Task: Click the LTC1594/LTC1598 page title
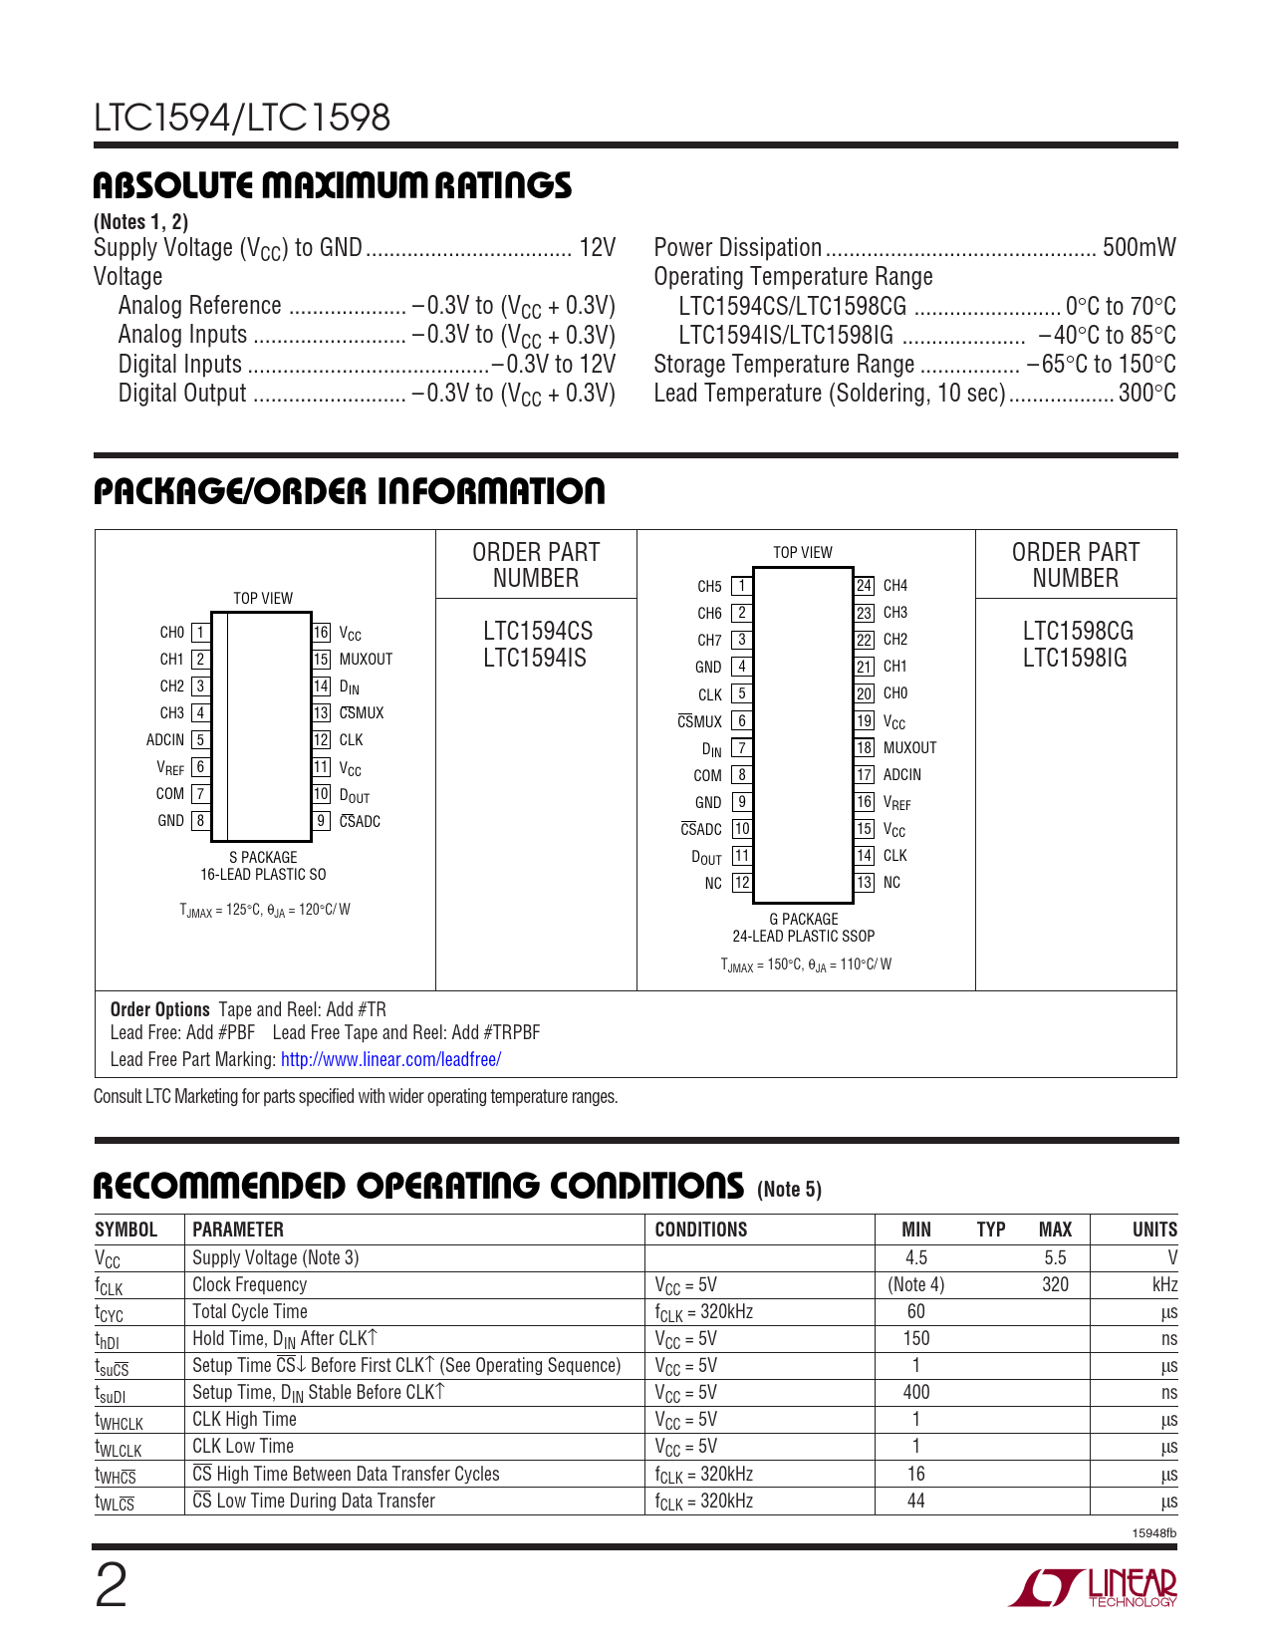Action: pyautogui.click(x=242, y=119)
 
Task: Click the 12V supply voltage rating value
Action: pyautogui.click(x=597, y=248)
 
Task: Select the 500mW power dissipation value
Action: pyautogui.click(x=1139, y=248)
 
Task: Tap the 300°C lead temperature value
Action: pyautogui.click(x=1146, y=394)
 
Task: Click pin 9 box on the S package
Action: pyautogui.click(x=321, y=821)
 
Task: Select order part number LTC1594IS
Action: pyautogui.click(x=535, y=659)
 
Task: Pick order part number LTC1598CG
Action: pyautogui.click(x=1077, y=632)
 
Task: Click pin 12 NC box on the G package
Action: pyautogui.click(x=742, y=883)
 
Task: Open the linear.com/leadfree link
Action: pyautogui.click(x=390, y=1060)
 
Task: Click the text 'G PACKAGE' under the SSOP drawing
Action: pyautogui.click(x=803, y=920)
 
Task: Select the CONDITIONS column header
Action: pyautogui.click(x=700, y=1230)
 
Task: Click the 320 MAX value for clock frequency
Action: pyautogui.click(x=1055, y=1285)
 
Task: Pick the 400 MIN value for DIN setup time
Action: pyautogui.click(x=915, y=1393)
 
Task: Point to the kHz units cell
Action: pyautogui.click(x=1164, y=1285)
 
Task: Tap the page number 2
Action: pyautogui.click(x=111, y=1586)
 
